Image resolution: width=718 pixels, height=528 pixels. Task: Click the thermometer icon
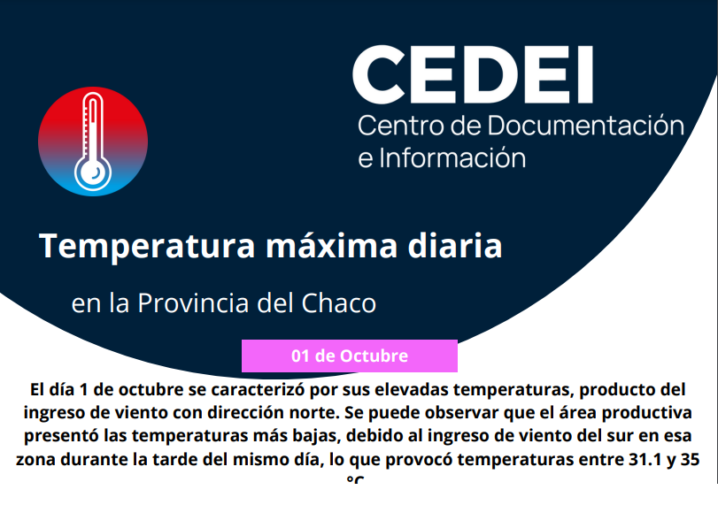click(x=93, y=142)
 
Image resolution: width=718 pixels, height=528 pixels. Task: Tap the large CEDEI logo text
click(x=473, y=74)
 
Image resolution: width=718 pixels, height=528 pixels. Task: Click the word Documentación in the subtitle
click(x=586, y=126)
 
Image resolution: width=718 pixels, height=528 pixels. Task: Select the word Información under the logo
click(x=452, y=158)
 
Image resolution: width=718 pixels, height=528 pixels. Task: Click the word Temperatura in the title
click(x=147, y=246)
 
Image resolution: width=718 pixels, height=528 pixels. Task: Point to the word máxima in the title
click(x=331, y=246)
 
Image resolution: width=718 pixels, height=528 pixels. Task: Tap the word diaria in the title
click(x=455, y=246)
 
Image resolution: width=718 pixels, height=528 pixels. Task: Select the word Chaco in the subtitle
click(x=338, y=302)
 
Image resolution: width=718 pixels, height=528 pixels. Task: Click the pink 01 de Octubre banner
click(x=350, y=356)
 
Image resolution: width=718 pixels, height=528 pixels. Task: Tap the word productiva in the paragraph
click(x=646, y=413)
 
